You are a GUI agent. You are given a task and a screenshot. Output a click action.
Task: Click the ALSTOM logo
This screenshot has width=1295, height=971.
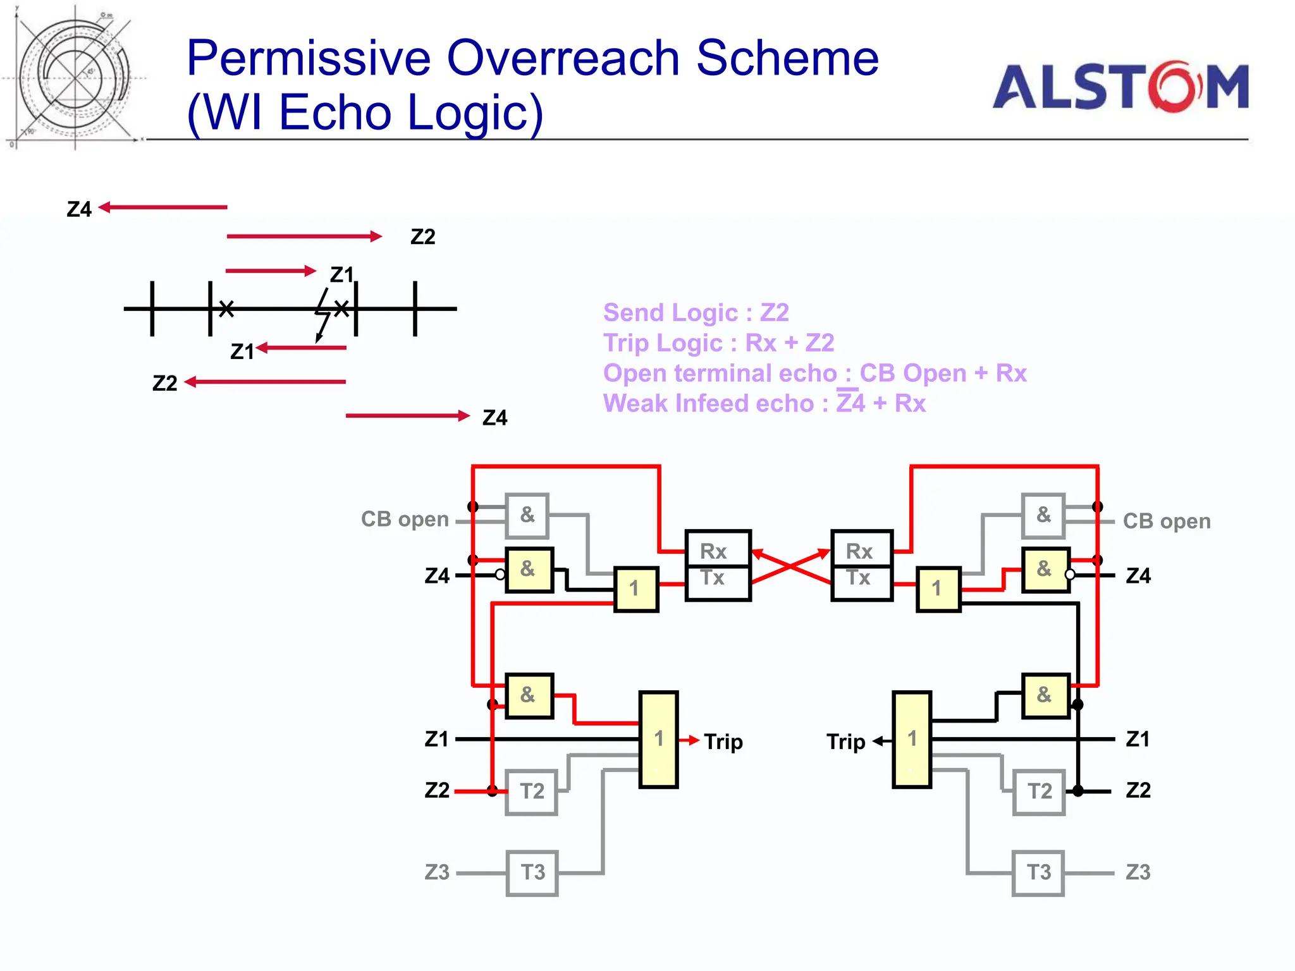pos(1120,87)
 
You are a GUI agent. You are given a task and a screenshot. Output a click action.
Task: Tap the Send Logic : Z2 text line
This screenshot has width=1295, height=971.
pos(696,312)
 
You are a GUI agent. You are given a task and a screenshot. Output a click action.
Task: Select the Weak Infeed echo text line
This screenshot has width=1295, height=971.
pos(764,403)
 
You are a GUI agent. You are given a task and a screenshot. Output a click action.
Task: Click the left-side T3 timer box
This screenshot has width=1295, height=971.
pos(532,873)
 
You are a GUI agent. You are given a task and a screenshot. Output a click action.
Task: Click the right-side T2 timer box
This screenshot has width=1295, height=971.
pos(1039,791)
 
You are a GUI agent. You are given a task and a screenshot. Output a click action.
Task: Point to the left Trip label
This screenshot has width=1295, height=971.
pos(723,741)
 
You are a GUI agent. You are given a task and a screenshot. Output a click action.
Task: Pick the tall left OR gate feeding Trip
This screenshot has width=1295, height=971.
pos(658,739)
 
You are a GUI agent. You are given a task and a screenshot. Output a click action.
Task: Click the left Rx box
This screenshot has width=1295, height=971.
pos(718,550)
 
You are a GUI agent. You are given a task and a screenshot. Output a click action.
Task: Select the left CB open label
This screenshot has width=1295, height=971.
pos(405,520)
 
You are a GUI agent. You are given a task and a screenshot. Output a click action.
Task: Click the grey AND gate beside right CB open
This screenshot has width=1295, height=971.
pos(1043,515)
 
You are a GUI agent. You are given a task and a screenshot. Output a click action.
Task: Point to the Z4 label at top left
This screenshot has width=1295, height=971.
pos(79,209)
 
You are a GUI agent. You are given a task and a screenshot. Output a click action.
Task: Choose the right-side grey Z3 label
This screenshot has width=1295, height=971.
pos(1138,872)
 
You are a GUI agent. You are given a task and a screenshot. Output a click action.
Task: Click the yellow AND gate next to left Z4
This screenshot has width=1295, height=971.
pos(529,570)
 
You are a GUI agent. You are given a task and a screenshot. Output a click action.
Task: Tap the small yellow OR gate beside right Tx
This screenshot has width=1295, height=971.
pos(938,589)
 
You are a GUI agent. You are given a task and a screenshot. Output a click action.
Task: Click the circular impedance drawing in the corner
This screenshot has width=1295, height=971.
pos(75,78)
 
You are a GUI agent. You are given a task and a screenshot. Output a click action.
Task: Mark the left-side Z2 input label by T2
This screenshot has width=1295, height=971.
pos(437,790)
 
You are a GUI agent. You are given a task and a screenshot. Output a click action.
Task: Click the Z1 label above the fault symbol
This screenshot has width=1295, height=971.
pos(341,274)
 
